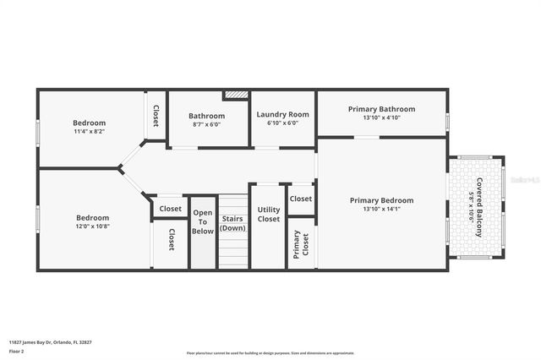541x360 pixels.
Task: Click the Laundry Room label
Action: (x=282, y=114)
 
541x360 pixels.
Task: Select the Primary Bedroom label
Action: (x=382, y=200)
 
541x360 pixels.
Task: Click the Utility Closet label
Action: (x=269, y=214)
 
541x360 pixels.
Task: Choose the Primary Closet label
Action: (x=298, y=244)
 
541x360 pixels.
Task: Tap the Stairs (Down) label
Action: (x=232, y=223)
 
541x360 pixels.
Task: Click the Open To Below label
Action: (x=203, y=221)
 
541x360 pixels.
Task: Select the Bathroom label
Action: (x=206, y=116)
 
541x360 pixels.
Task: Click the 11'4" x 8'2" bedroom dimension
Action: (x=89, y=132)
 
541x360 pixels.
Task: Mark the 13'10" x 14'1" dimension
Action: (x=382, y=210)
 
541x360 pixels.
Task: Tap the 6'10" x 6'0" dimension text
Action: (x=282, y=123)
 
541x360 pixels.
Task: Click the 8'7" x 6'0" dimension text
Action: (x=206, y=124)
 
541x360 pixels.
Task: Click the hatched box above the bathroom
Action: (x=235, y=95)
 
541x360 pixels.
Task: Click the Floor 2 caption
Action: (x=16, y=350)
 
